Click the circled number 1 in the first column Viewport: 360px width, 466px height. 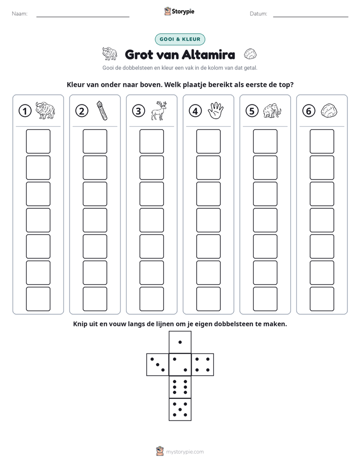[x=25, y=111]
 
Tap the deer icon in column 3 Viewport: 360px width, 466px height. [x=159, y=110]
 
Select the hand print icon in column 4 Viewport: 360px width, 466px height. [x=216, y=110]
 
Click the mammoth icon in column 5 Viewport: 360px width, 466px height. [x=272, y=111]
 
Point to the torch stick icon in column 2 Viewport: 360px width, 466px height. [x=101, y=110]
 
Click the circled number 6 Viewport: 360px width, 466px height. [x=309, y=111]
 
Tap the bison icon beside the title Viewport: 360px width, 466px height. [x=109, y=53]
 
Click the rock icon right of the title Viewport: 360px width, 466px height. [x=250, y=54]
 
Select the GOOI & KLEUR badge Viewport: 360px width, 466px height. [x=180, y=39]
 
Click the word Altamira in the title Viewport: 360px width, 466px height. [x=208, y=54]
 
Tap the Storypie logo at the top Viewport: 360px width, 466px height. [x=179, y=12]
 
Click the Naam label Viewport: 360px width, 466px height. [x=20, y=14]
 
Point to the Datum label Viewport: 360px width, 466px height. [x=259, y=14]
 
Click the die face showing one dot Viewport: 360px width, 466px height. [x=180, y=342]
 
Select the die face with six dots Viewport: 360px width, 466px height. [x=180, y=387]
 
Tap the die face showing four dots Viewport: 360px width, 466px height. [x=203, y=365]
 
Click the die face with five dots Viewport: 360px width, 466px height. [x=180, y=410]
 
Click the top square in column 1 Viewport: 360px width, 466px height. [x=38, y=141]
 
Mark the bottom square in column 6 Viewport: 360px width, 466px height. [x=322, y=299]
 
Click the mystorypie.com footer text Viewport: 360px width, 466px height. [x=185, y=452]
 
